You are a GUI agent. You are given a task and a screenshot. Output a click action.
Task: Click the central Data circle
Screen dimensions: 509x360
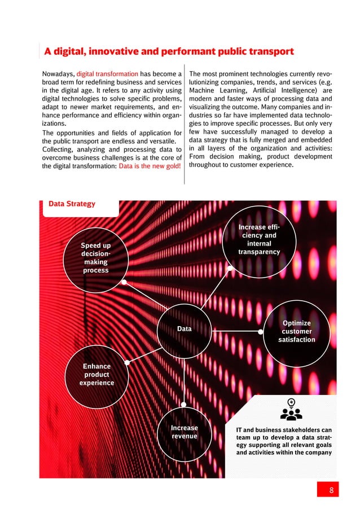tap(184, 328)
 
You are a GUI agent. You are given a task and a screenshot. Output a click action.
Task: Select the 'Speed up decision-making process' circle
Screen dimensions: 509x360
tap(95, 258)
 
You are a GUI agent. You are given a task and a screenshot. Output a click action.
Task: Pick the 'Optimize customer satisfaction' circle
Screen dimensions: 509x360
tap(296, 332)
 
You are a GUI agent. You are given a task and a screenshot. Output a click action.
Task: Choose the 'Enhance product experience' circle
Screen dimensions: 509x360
tap(96, 375)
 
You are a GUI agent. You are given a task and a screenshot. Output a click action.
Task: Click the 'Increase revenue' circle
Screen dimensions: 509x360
tap(185, 432)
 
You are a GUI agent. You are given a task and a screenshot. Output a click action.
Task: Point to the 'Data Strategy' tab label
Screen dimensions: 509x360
tap(71, 204)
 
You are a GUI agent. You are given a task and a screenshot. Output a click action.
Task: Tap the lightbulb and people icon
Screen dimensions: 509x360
tap(291, 410)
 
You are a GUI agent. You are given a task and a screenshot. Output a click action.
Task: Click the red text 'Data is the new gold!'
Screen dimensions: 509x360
tap(150, 165)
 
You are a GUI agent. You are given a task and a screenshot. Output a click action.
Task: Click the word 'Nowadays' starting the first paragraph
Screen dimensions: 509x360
tap(58, 73)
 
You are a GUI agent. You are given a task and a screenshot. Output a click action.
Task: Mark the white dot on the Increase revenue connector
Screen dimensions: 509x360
tap(185, 403)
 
